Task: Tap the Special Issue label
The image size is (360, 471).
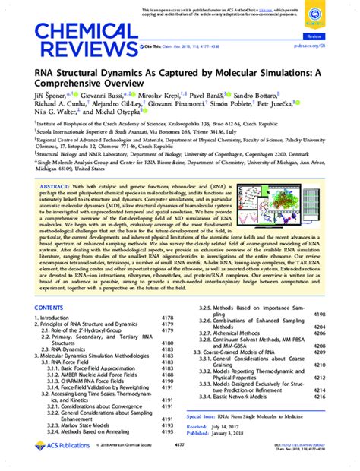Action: (x=209, y=438)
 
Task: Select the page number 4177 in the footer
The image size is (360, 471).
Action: (x=180, y=466)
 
